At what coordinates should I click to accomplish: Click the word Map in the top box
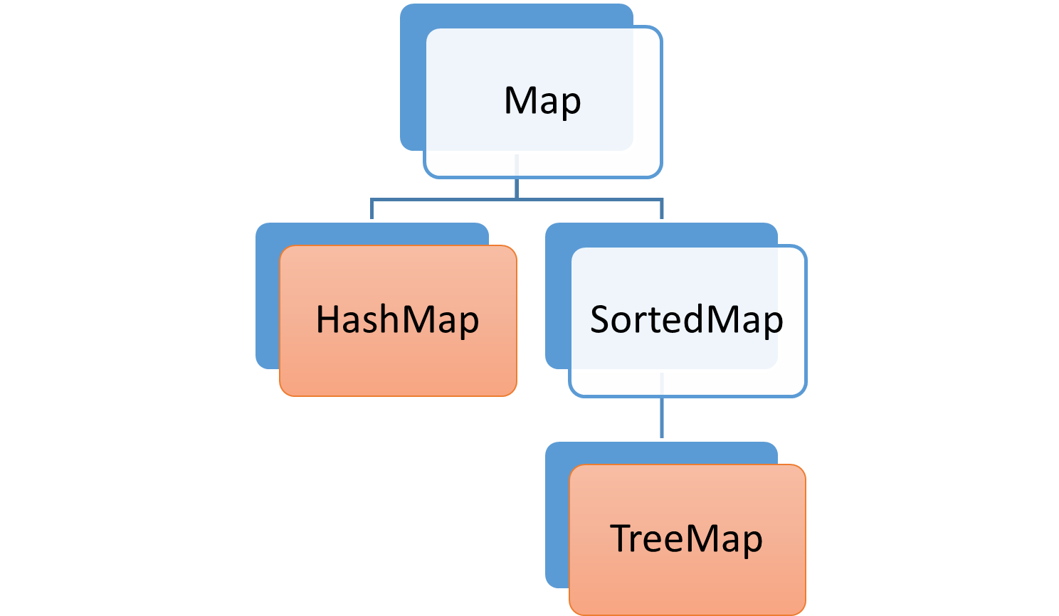pos(542,101)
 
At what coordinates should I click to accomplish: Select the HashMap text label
pos(397,320)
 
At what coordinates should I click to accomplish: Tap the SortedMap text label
pos(687,320)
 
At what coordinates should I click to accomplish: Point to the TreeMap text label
pos(687,538)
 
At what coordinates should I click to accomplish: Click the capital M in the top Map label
pos(519,100)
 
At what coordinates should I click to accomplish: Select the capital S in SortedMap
pos(601,319)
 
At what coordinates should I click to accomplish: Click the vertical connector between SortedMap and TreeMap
pos(662,418)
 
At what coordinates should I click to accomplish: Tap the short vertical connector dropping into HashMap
pos(372,209)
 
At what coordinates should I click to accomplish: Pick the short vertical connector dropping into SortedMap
pos(662,209)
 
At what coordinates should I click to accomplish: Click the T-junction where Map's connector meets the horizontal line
pos(516,199)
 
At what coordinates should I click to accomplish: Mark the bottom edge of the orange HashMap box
pos(398,395)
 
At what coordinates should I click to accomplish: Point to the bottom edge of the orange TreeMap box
pos(687,613)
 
